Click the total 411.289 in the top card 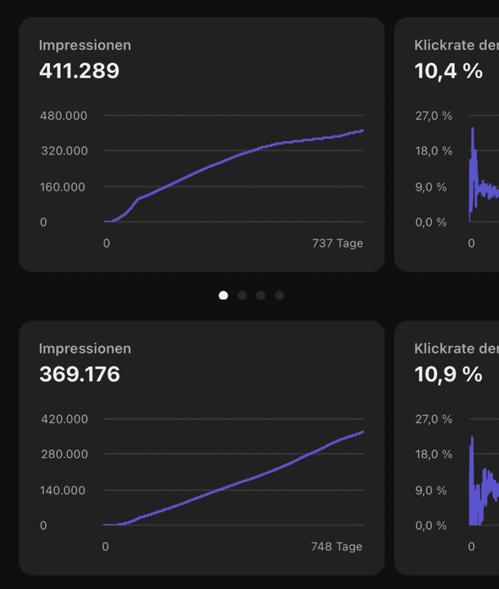(x=79, y=71)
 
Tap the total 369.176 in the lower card (x=79, y=374)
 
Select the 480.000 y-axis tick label (x=63, y=116)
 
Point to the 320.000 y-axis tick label (x=63, y=151)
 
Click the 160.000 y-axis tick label (x=63, y=186)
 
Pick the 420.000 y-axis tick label (x=63, y=419)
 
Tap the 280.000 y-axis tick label (x=63, y=454)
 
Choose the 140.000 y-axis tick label (x=63, y=490)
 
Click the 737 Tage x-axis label (x=338, y=243)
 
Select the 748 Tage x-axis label (x=337, y=546)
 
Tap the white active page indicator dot (x=223, y=295)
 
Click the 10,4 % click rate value (x=448, y=71)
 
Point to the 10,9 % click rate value (x=448, y=374)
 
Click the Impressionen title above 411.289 (x=85, y=45)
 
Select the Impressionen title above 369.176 (x=85, y=348)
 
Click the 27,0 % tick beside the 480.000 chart (x=433, y=116)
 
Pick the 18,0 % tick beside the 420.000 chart (x=433, y=454)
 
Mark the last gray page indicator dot (x=280, y=295)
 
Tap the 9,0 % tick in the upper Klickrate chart (x=431, y=186)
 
